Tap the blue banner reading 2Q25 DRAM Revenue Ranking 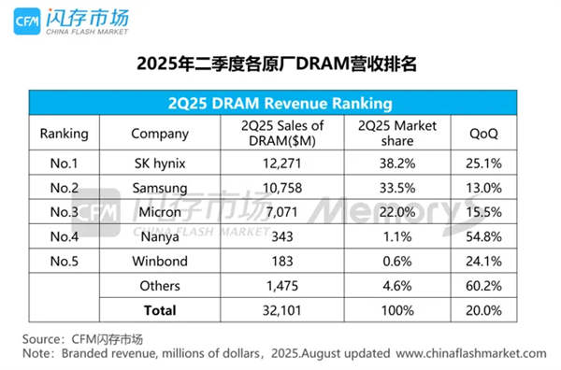[x=281, y=102]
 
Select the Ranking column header [x=65, y=133]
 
